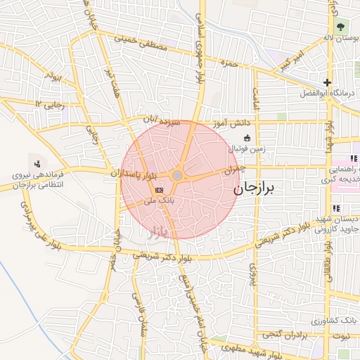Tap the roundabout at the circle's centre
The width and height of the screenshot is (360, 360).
pos(178,176)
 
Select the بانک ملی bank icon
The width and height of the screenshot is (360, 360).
pos(159,190)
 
